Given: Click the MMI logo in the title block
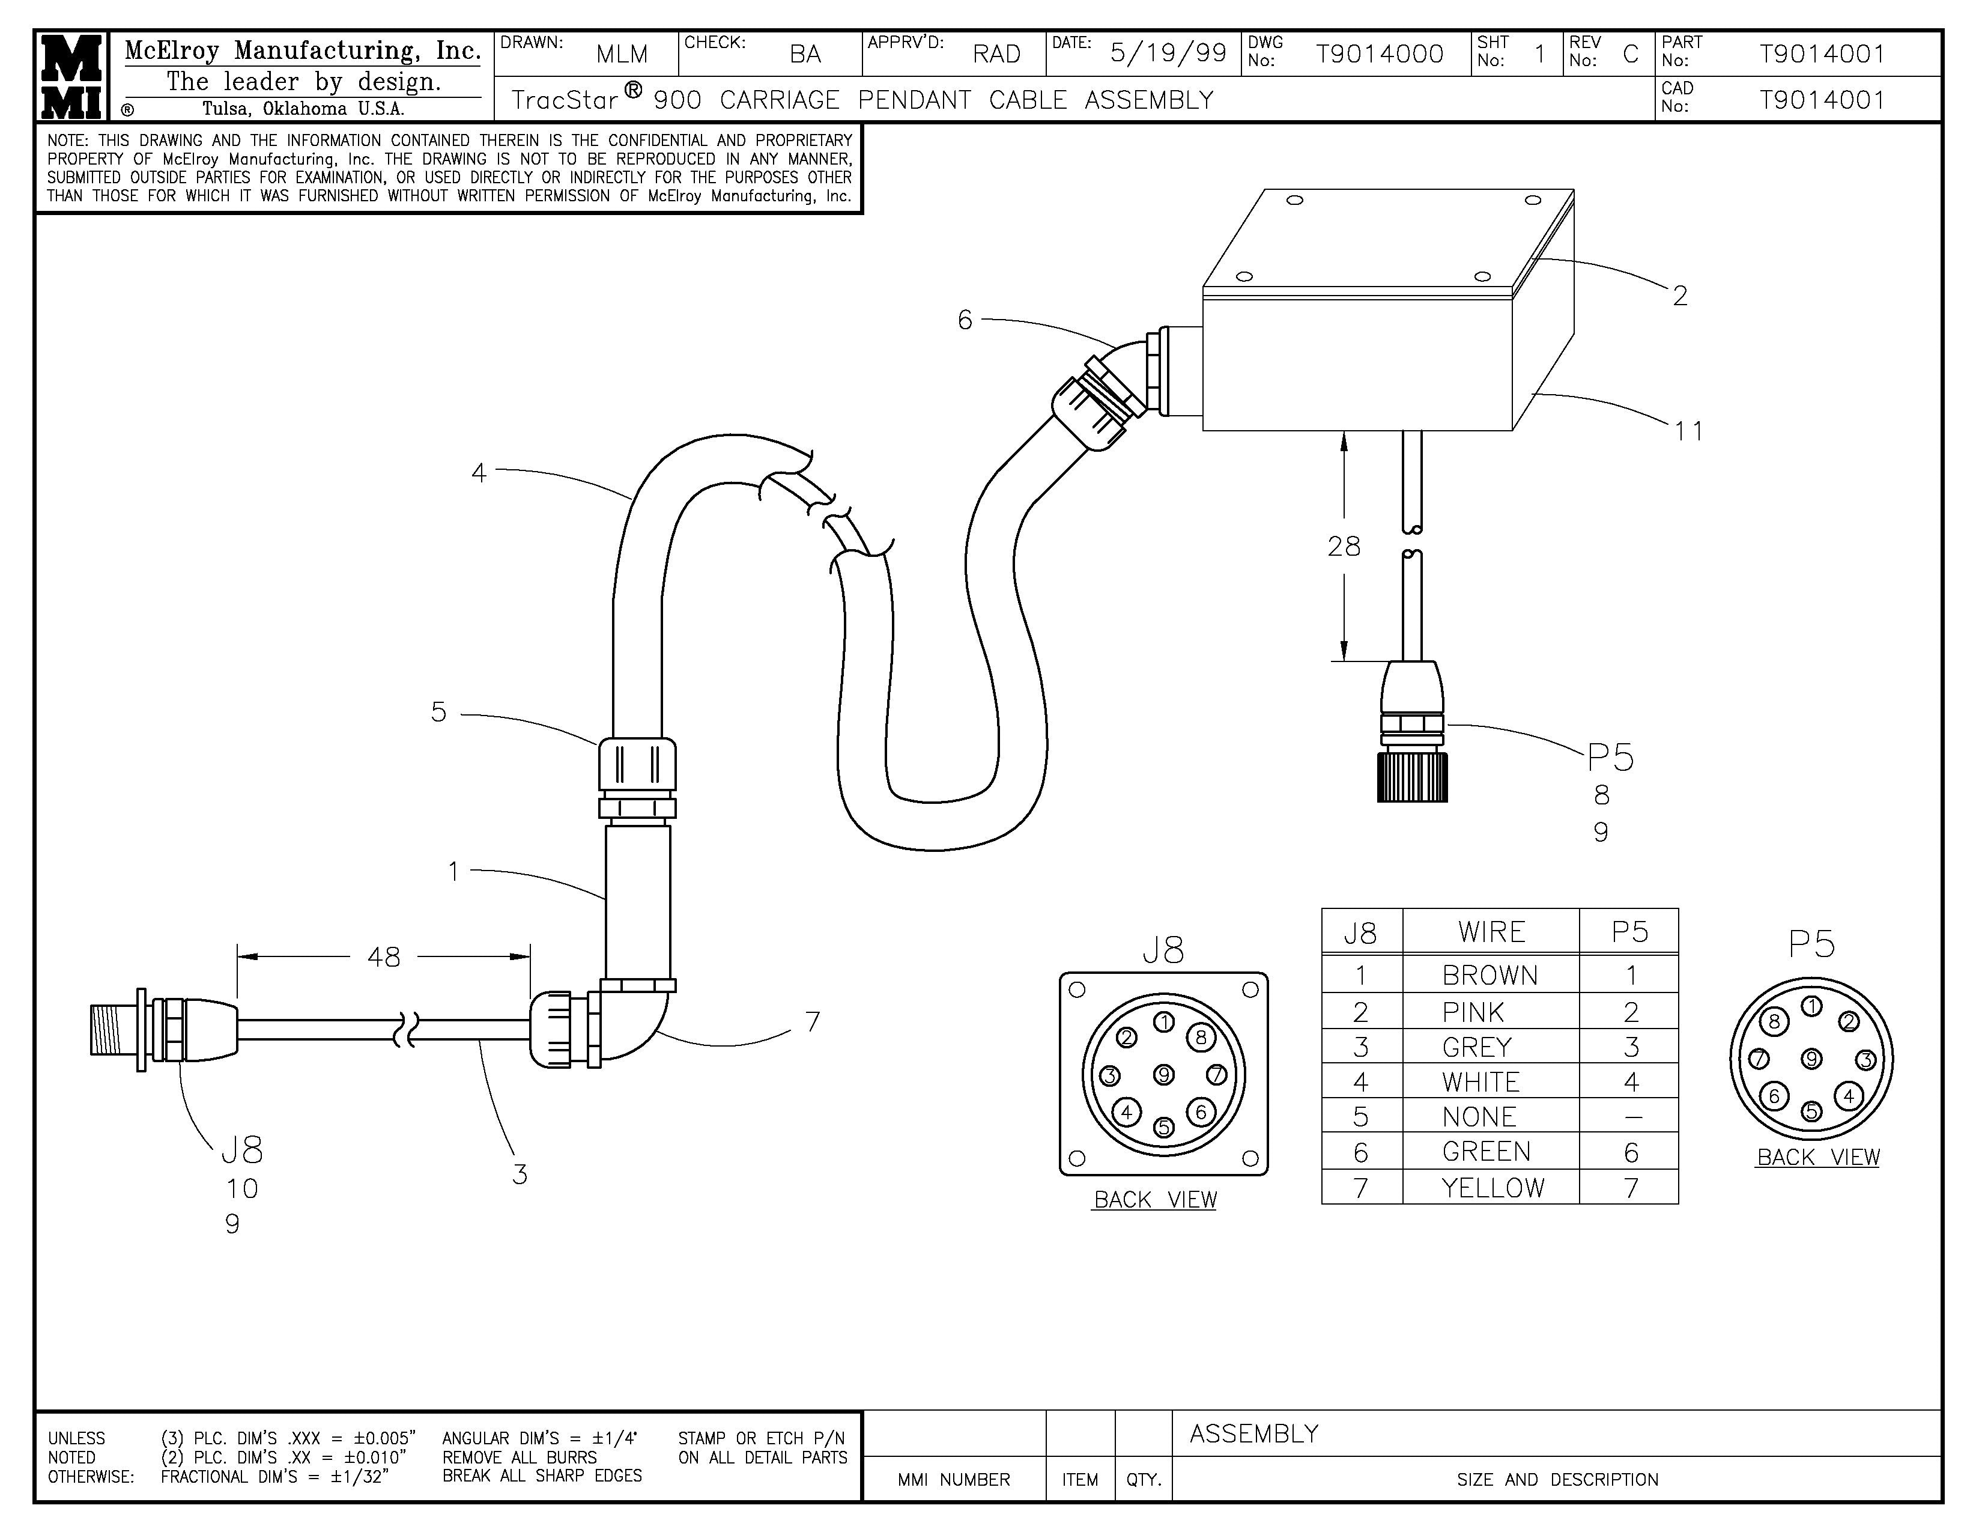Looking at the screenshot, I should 71,76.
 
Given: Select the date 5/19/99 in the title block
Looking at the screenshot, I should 1168,53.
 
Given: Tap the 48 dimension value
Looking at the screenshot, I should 384,956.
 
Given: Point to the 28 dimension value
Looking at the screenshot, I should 1344,546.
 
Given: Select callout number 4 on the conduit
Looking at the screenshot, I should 479,472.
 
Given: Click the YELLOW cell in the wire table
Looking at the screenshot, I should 1492,1187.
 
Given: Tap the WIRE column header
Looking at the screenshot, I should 1491,932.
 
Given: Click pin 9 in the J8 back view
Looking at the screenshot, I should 1163,1075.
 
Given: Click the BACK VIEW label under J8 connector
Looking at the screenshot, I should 1154,1200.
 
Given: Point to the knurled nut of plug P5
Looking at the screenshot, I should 1412,777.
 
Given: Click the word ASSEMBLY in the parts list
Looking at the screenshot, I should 1253,1434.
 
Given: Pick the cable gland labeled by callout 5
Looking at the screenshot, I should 637,776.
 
